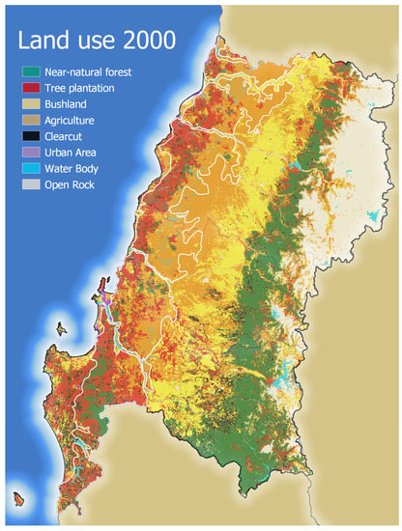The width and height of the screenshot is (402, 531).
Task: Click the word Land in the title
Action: tap(42, 42)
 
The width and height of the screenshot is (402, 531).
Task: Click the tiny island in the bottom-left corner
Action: tap(17, 500)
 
